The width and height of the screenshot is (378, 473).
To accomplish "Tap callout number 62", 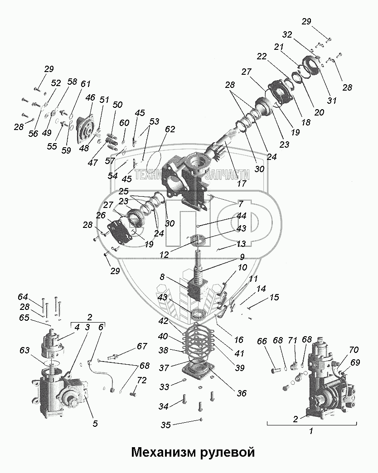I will tap(170, 129).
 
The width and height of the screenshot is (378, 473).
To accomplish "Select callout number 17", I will tap(241, 183).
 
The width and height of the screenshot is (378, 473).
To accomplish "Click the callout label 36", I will tap(242, 393).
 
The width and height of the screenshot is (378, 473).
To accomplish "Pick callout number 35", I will tap(166, 425).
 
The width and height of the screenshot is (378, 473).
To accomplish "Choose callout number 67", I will tap(142, 347).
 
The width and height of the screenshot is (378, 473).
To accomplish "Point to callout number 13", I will tap(242, 244).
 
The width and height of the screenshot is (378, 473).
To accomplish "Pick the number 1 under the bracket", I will tap(311, 431).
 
